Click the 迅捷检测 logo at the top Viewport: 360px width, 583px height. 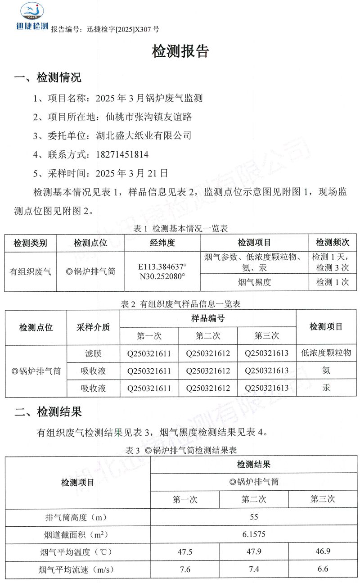click(x=31, y=17)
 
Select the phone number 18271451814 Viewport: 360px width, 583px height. click(x=122, y=154)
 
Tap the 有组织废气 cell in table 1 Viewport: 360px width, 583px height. click(x=31, y=271)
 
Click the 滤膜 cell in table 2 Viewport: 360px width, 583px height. click(x=93, y=353)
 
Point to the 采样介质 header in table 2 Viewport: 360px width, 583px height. click(x=93, y=327)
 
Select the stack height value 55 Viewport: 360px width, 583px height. click(x=254, y=517)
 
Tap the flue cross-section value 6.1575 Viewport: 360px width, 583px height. click(x=254, y=535)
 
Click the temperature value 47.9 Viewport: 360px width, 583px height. click(x=254, y=552)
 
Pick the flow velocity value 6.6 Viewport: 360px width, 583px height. click(x=323, y=569)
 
